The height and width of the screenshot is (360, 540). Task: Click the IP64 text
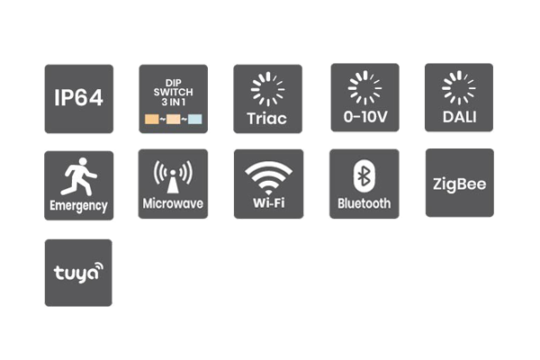pyautogui.click(x=78, y=98)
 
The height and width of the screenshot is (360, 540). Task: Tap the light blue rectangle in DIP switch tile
pyautogui.click(x=195, y=119)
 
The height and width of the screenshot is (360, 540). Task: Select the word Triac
pyautogui.click(x=267, y=119)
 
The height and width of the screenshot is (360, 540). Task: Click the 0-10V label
pyautogui.click(x=365, y=117)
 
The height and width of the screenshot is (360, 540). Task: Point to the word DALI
pyautogui.click(x=459, y=117)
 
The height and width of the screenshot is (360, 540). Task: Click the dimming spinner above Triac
pyautogui.click(x=267, y=89)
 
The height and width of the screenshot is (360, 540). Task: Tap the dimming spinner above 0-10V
pyautogui.click(x=364, y=88)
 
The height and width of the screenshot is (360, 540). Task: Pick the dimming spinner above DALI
pyautogui.click(x=459, y=88)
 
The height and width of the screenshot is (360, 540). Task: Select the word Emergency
pyautogui.click(x=78, y=206)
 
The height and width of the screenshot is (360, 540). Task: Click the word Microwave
pyautogui.click(x=173, y=203)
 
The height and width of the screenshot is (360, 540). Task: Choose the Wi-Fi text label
pyautogui.click(x=268, y=202)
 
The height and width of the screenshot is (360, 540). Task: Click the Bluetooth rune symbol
pyautogui.click(x=364, y=176)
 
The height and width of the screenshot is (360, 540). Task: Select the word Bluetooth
pyautogui.click(x=364, y=203)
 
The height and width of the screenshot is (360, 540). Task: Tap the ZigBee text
pyautogui.click(x=459, y=184)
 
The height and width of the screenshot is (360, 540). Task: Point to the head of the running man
pyautogui.click(x=83, y=162)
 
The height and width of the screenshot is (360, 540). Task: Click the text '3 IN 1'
pyautogui.click(x=173, y=102)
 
